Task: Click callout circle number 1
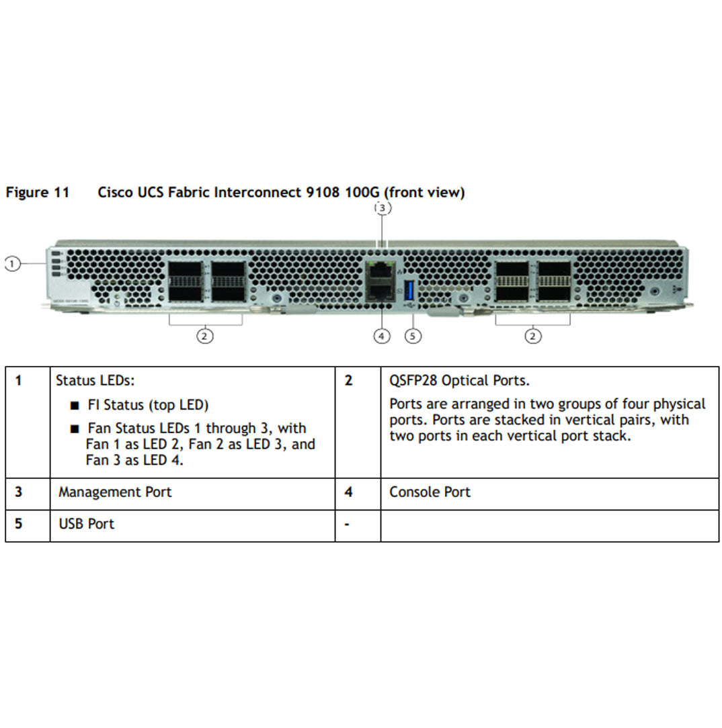coord(11,264)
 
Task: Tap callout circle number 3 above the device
coord(383,208)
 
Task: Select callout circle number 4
coord(382,335)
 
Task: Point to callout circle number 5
coord(413,335)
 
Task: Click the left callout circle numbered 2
coord(205,335)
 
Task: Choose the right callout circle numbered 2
coord(533,335)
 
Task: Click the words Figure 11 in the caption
coord(38,193)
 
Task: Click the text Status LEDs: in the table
coord(95,381)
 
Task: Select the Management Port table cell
coord(115,492)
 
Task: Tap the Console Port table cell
coord(430,492)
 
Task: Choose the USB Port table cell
coord(86,524)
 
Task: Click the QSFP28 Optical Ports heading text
coord(459,381)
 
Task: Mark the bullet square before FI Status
coord(75,406)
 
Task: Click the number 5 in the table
coord(19,524)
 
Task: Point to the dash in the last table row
coord(347,524)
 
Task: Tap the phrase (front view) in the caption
coord(424,193)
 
